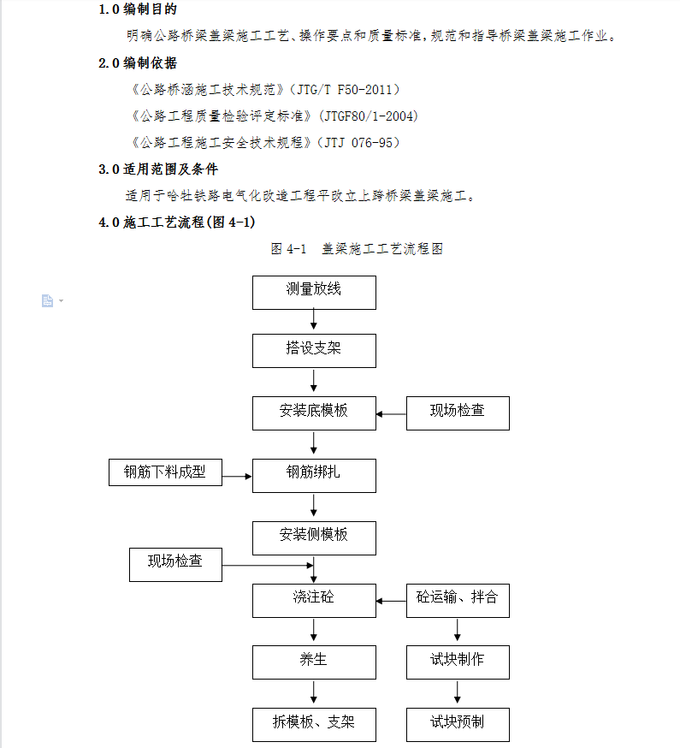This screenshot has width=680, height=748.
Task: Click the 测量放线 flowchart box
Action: click(314, 292)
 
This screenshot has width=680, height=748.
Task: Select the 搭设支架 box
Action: click(314, 350)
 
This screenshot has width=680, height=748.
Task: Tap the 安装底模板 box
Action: click(314, 413)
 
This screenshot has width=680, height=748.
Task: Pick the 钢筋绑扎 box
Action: click(314, 474)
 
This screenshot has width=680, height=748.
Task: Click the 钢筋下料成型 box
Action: click(165, 472)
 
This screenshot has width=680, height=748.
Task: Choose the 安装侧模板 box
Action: click(314, 537)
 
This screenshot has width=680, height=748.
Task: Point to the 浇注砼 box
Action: click(314, 600)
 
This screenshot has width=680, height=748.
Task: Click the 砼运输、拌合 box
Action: click(458, 600)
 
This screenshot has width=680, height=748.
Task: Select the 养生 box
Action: click(314, 662)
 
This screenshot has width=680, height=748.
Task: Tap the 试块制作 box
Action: click(458, 662)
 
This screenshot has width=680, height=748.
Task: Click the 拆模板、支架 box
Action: click(314, 724)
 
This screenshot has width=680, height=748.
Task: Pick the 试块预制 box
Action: click(458, 724)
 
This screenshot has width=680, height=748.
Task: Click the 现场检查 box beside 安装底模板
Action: click(458, 413)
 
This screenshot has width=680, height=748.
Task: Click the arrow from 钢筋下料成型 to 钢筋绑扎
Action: click(237, 475)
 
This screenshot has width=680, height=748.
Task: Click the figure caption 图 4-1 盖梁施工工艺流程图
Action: click(357, 249)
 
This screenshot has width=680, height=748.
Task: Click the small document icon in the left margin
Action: click(48, 300)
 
